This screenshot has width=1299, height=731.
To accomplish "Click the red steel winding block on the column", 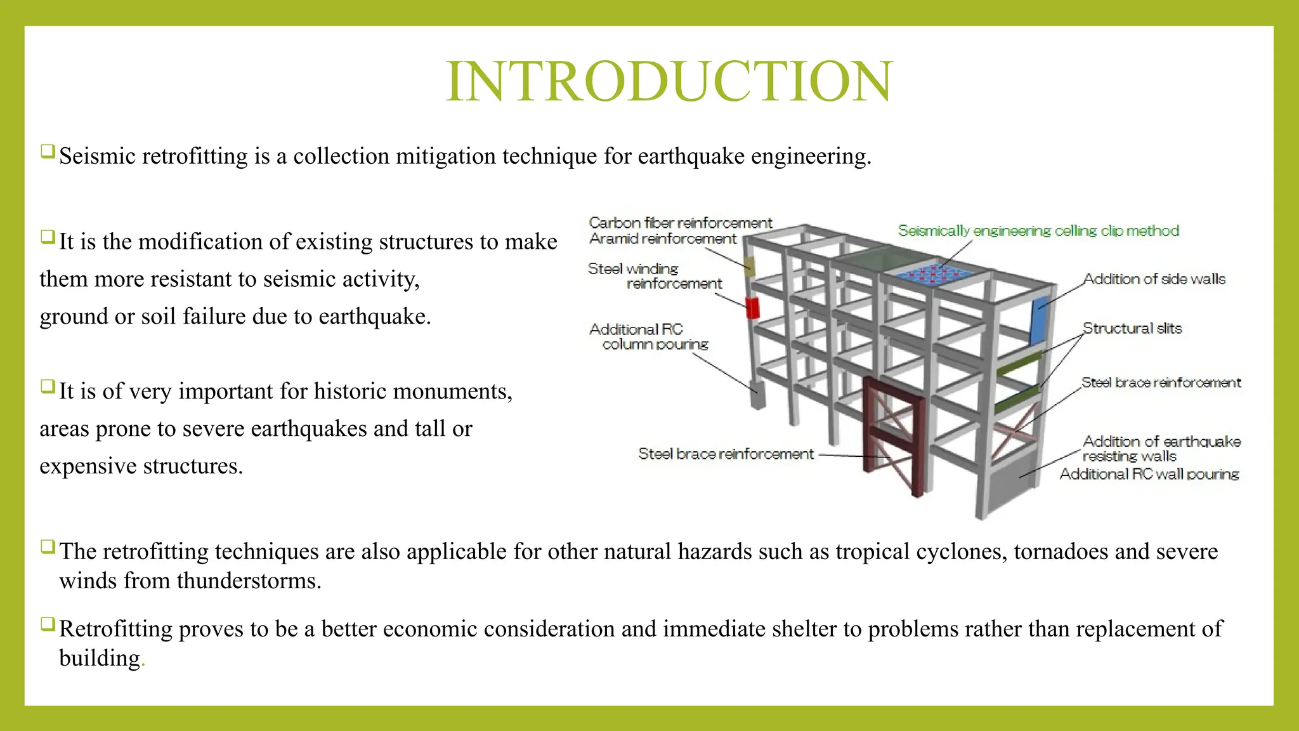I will pyautogui.click(x=752, y=308).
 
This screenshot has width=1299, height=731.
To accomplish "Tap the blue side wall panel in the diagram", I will pyautogui.click(x=1038, y=320).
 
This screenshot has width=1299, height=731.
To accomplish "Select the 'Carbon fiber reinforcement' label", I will pyautogui.click(x=680, y=223).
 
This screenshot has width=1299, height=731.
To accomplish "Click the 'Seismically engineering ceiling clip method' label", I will pyautogui.click(x=1038, y=231).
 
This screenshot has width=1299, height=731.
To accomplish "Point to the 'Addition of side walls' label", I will pyautogui.click(x=1154, y=279).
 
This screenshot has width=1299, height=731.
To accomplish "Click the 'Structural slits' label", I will pyautogui.click(x=1132, y=329).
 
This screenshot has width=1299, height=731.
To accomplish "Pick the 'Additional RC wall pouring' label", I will pyautogui.click(x=1149, y=474).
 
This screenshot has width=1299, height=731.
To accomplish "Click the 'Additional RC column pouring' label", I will pyautogui.click(x=648, y=337).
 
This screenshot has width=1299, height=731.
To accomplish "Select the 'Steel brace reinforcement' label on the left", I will pyautogui.click(x=725, y=454).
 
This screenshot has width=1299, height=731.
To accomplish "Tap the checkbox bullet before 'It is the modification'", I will pyautogui.click(x=48, y=237).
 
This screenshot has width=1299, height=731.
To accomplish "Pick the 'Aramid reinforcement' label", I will pyautogui.click(x=662, y=239).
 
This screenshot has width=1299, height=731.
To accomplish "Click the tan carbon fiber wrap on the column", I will pyautogui.click(x=750, y=266).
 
